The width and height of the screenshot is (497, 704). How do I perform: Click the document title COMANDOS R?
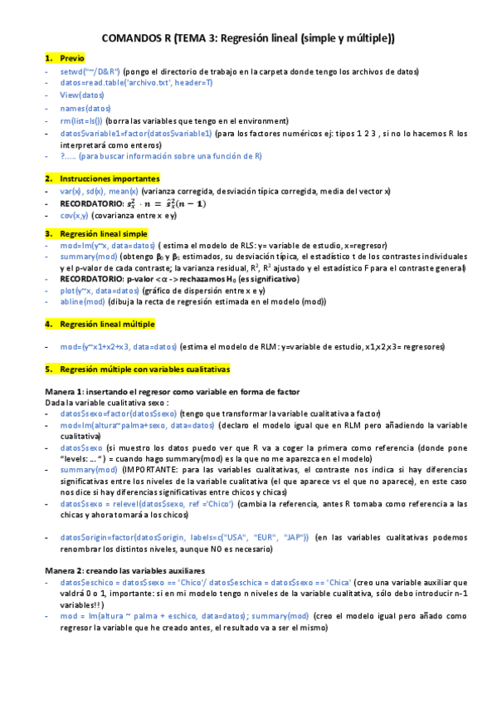coord(247,37)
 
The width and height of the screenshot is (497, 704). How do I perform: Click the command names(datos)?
coord(85,108)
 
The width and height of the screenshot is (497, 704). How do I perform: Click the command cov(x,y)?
coord(74,215)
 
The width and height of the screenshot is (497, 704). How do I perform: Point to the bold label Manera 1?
coord(64,390)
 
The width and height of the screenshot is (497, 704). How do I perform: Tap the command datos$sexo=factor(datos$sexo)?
coord(118,413)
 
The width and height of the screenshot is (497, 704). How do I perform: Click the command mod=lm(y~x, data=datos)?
coord(108,246)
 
